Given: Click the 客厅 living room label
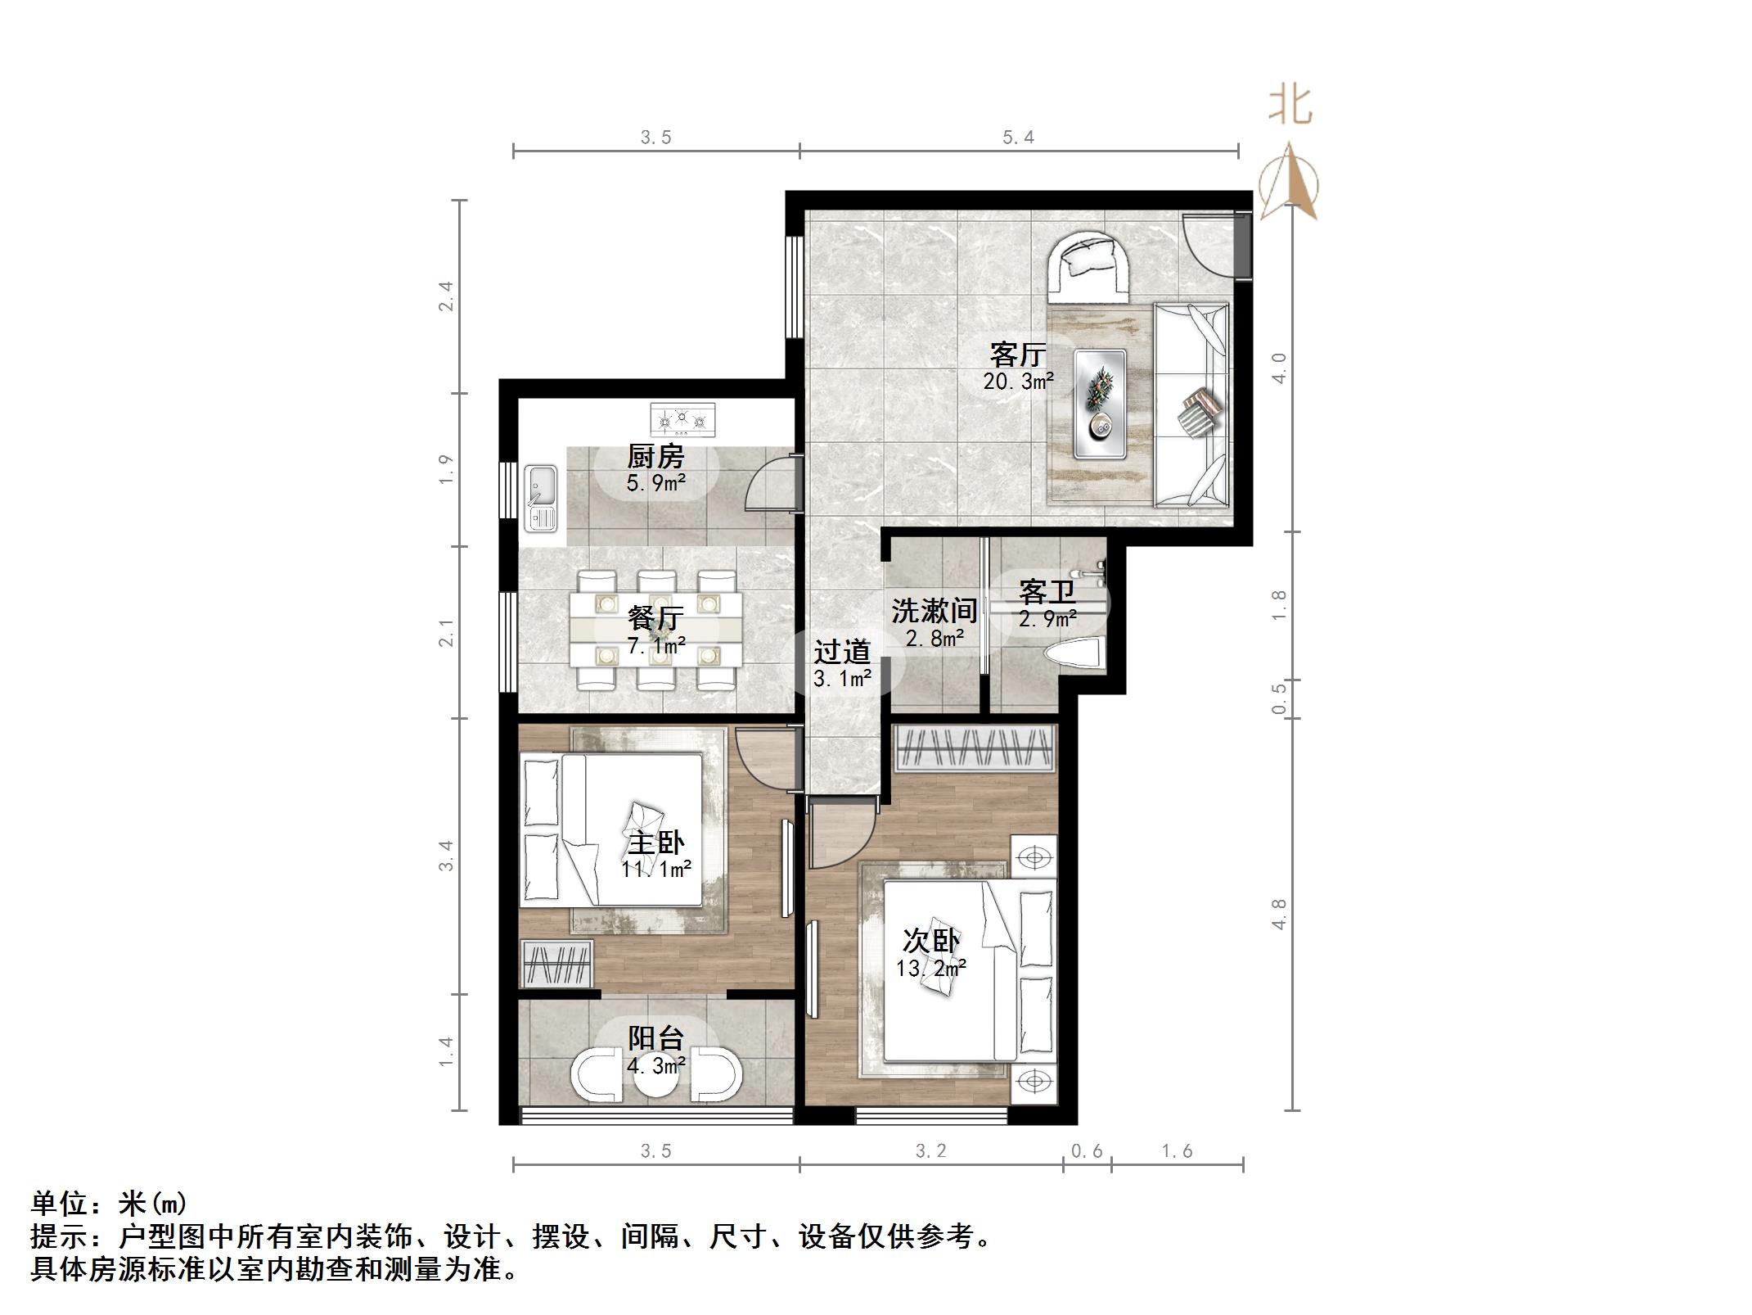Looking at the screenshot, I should (1018, 354).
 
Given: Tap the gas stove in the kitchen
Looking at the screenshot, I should (682, 418).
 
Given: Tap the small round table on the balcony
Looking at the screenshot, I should (655, 1081).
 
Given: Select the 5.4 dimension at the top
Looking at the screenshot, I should (1018, 138).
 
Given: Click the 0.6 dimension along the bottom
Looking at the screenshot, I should (1087, 1150).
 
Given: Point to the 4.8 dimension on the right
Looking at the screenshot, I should (1279, 913).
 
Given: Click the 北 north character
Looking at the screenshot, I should (1290, 106).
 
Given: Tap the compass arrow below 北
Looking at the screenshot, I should (1289, 184).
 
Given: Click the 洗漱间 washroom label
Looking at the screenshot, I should (934, 610).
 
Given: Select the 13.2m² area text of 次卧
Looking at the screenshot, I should (931, 968).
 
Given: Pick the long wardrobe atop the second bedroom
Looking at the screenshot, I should (974, 747).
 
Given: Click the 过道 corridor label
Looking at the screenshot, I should (841, 652).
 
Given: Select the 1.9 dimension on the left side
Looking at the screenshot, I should (446, 469).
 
